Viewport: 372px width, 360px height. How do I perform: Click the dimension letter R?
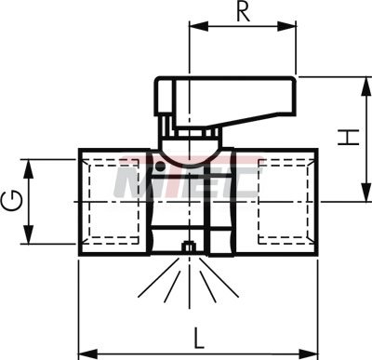coord(244,12)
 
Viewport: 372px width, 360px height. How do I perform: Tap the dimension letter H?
coord(349,137)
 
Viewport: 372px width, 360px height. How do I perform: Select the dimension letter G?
coord(12,201)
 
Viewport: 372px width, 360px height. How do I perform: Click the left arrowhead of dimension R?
coord(199,26)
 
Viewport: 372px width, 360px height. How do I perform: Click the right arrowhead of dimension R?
coord(286,26)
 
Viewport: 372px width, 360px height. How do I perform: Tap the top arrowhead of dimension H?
coord(366,86)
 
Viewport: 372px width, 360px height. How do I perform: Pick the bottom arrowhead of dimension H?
coord(366,193)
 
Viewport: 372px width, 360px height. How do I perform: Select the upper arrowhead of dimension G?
coord(29,168)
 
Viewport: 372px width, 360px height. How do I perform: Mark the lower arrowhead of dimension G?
coord(29,234)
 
